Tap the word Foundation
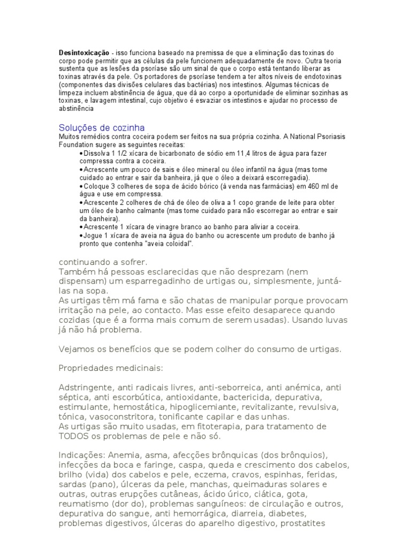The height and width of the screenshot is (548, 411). point(75,145)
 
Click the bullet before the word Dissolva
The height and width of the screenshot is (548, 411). point(80,153)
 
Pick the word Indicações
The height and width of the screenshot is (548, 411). point(80,455)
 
